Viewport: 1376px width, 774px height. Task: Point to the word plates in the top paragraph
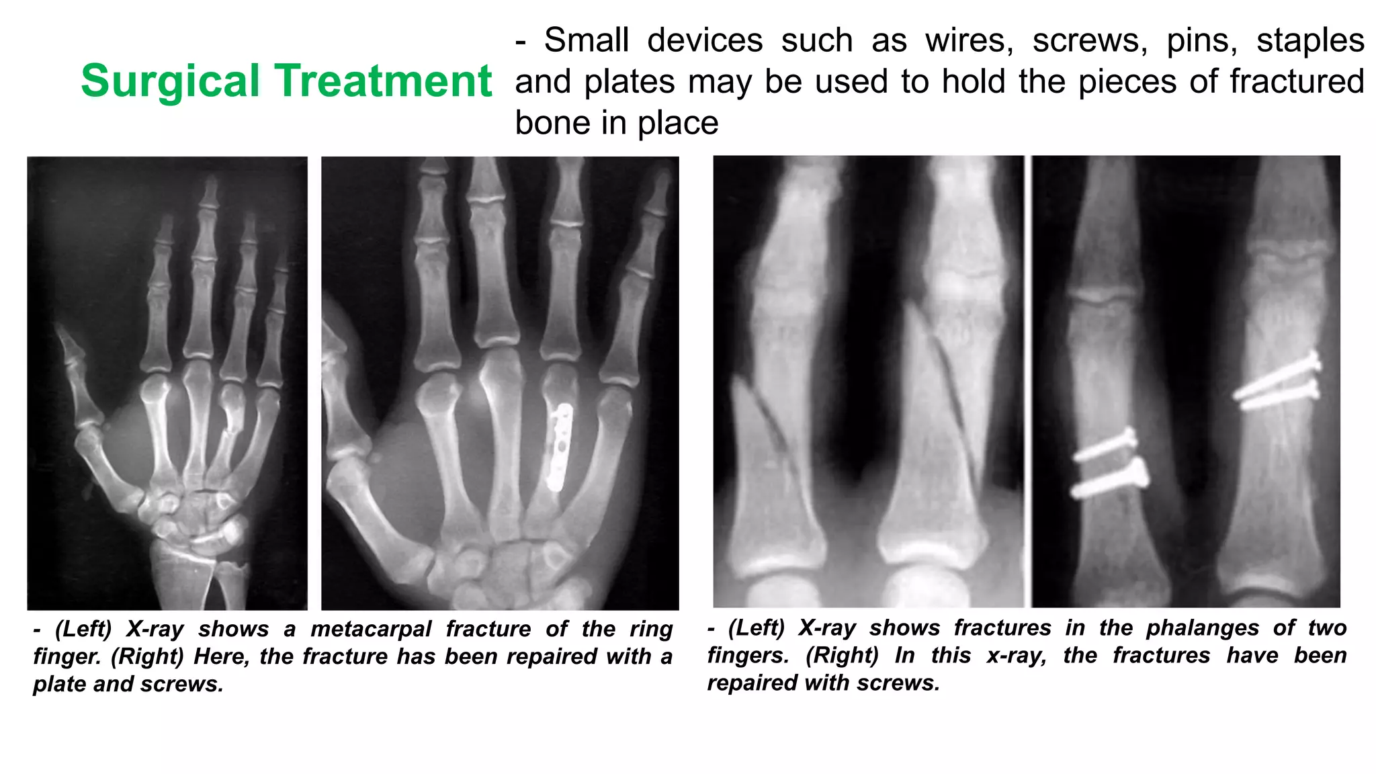(x=630, y=82)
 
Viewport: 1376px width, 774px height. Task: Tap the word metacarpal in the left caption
(x=371, y=630)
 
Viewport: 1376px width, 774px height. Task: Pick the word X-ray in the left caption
(x=155, y=630)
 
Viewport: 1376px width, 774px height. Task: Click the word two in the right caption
(x=1327, y=628)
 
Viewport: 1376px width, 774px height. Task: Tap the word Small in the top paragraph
(x=586, y=40)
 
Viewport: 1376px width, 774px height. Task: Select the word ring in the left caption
(x=651, y=630)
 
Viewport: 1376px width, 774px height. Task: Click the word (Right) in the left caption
(x=147, y=656)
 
